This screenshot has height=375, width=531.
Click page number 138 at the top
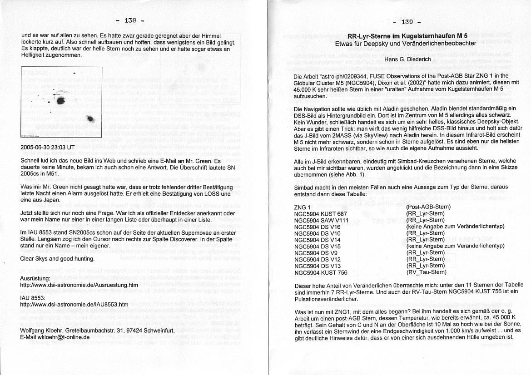(x=130, y=20)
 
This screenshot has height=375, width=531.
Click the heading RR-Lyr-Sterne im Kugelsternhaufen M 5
(x=407, y=36)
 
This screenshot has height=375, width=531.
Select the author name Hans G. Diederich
(x=407, y=59)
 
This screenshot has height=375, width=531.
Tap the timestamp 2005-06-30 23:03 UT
(x=47, y=148)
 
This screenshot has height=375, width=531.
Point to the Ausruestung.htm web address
(x=79, y=285)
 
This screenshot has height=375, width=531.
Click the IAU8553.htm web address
(x=74, y=305)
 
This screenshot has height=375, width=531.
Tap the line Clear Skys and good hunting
(x=58, y=259)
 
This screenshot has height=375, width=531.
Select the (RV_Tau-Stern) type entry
(x=426, y=272)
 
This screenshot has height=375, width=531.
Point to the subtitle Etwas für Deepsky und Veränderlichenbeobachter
(x=405, y=44)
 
